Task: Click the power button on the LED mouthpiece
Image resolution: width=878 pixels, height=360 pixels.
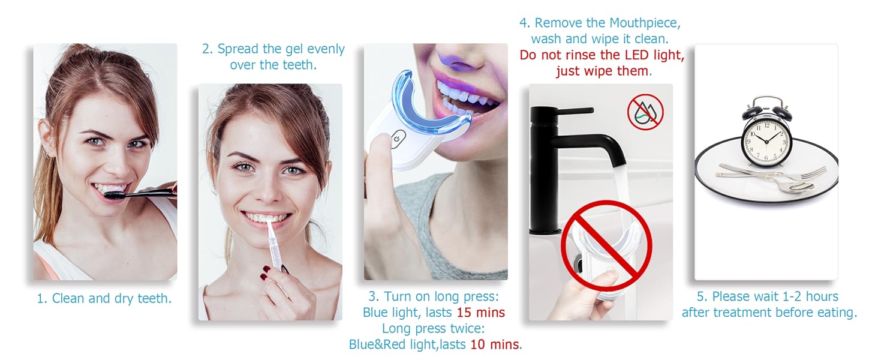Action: coord(398,139)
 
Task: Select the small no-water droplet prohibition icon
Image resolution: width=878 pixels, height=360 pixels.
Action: coord(645,112)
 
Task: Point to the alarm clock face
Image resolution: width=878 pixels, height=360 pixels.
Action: coord(765,141)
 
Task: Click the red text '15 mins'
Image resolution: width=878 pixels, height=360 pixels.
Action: coord(480,313)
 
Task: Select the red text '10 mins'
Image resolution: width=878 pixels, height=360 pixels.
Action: coord(494,344)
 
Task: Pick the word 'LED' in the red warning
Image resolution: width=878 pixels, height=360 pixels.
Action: coord(637,55)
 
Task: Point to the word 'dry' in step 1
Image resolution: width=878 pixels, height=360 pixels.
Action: coord(124,299)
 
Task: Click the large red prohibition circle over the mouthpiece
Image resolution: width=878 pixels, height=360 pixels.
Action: coord(606,246)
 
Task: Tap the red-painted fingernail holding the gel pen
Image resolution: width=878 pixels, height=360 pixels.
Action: coord(266,269)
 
